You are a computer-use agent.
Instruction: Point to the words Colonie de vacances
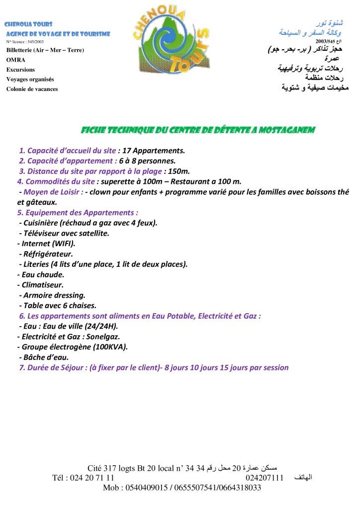[x=32, y=89]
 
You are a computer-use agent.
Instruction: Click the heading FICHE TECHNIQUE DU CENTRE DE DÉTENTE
[x=198, y=130]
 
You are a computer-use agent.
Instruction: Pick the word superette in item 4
[x=117, y=181]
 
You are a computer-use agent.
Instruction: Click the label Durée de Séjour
[x=54, y=368]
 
